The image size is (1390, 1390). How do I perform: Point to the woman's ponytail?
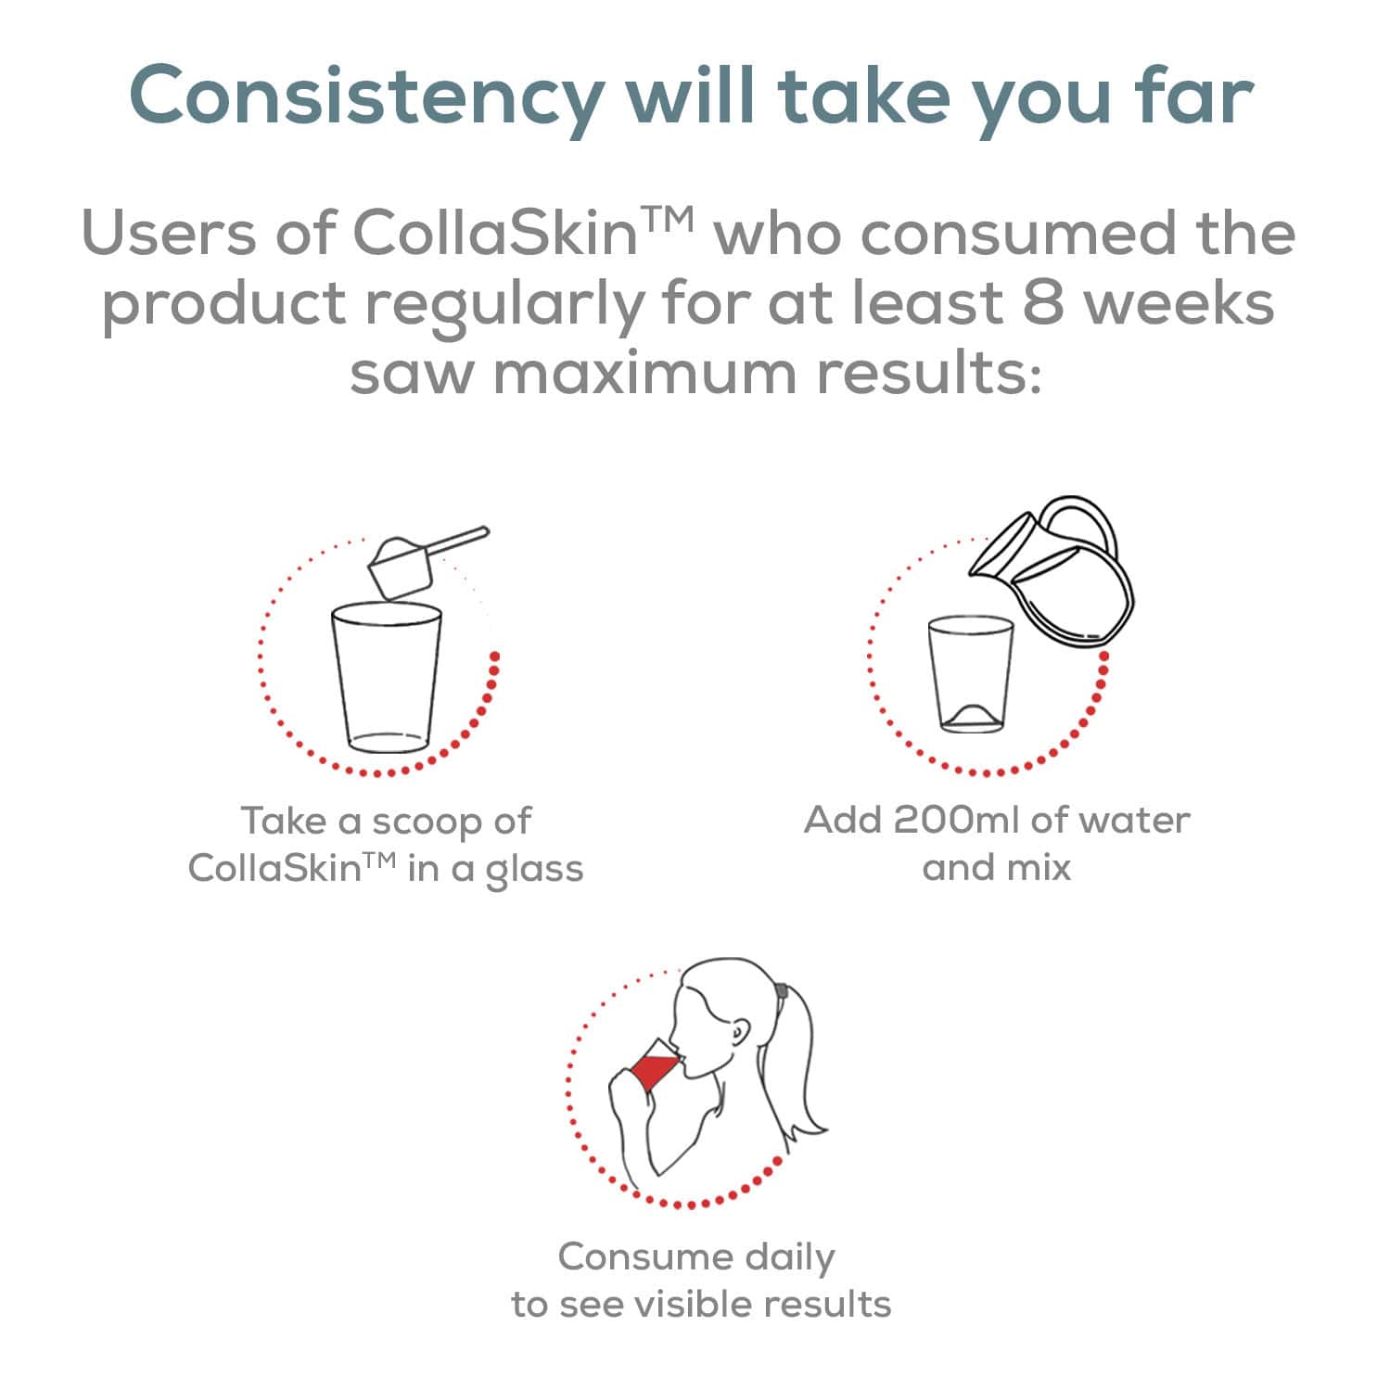coord(799,1066)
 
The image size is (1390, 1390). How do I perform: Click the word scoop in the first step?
coord(426,822)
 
